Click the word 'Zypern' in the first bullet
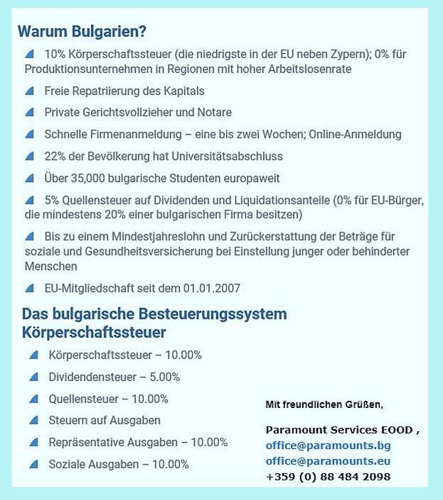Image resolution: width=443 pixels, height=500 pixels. tap(361, 54)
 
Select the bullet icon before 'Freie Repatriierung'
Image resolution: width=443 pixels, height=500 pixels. tap(29, 91)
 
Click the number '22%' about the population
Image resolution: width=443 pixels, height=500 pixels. tap(55, 157)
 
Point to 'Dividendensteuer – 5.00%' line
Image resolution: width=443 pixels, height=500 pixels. tap(114, 377)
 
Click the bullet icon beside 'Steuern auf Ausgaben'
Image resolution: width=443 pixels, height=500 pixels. tap(33, 421)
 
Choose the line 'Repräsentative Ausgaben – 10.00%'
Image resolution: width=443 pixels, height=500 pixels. tap(138, 443)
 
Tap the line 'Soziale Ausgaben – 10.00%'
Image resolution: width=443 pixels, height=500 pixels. tap(118, 465)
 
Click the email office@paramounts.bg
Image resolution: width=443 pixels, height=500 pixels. tap(328, 445)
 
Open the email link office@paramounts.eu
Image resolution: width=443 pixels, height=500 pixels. tap(328, 461)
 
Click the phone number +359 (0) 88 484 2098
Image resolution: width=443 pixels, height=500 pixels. tap(328, 477)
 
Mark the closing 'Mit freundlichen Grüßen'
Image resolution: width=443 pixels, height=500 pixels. tap(324, 404)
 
